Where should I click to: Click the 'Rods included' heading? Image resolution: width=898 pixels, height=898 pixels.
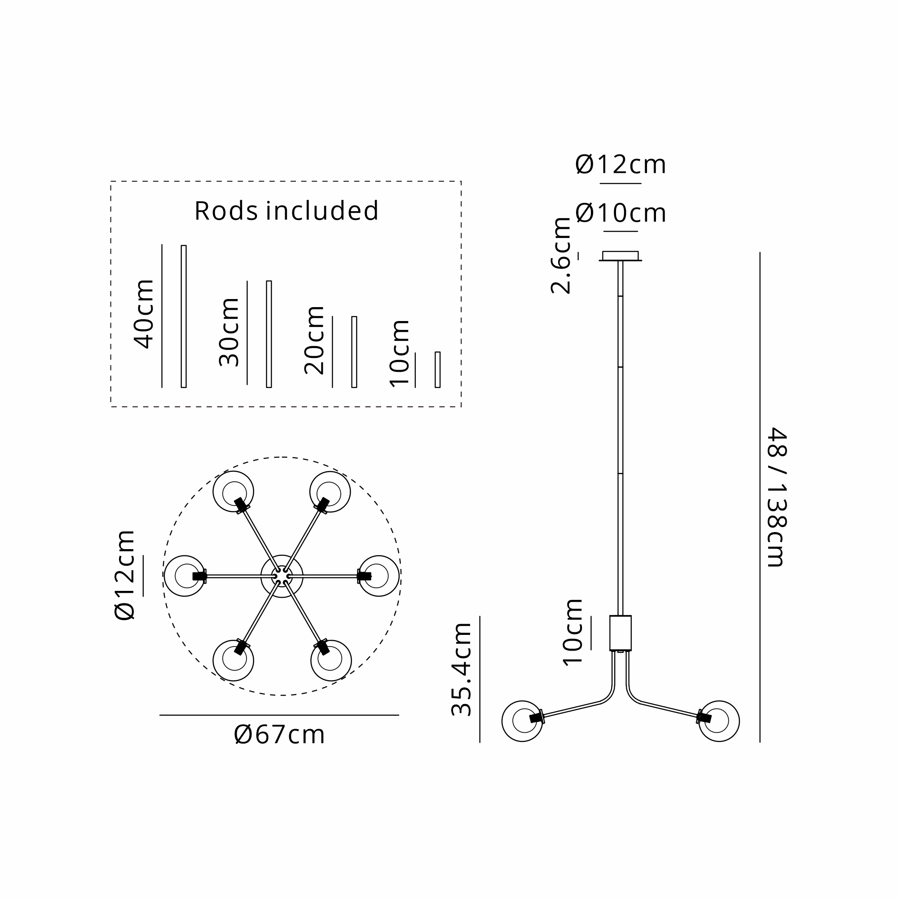(286, 211)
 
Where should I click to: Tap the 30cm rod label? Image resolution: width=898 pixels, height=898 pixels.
(229, 332)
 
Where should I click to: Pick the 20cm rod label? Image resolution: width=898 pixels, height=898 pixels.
(314, 340)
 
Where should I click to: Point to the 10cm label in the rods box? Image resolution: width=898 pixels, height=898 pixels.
(400, 353)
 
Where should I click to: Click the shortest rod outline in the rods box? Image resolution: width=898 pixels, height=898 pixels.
(437, 370)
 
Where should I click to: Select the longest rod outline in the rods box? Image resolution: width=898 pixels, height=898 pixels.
(184, 316)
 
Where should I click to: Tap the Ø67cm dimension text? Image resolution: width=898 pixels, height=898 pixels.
(279, 735)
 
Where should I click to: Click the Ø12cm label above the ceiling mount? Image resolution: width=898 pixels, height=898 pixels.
(621, 164)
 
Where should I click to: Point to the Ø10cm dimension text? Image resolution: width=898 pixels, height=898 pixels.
(621, 213)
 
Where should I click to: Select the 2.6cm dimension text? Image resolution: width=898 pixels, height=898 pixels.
(560, 255)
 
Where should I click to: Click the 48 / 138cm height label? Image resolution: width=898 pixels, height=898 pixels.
(776, 497)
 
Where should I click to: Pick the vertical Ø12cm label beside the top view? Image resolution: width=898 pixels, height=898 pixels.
(124, 575)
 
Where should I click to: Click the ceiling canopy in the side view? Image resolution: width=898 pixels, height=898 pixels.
(620, 256)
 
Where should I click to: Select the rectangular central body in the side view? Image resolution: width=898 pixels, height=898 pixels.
(620, 633)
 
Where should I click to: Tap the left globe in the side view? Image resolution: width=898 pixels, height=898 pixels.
(523, 721)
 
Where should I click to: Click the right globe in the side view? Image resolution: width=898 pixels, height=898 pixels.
(718, 721)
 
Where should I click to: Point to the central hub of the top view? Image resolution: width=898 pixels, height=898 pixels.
(282, 576)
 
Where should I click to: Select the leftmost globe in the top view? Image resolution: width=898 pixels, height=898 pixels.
(185, 576)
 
